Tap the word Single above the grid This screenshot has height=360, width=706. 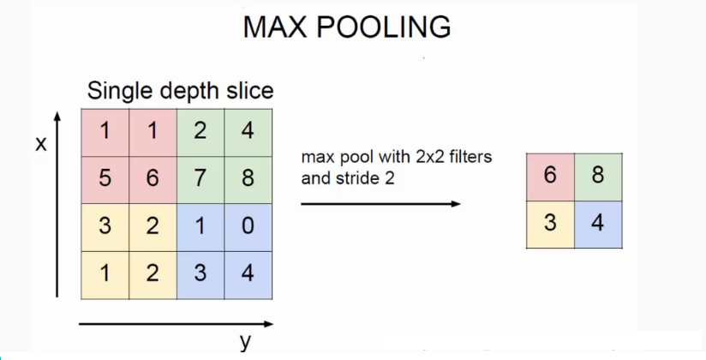click(124, 90)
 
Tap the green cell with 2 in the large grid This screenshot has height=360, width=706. click(201, 132)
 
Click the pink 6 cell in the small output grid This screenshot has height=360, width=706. click(550, 177)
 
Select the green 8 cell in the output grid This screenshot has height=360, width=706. click(598, 177)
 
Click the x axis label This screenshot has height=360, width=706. click(40, 144)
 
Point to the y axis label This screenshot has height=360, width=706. click(245, 342)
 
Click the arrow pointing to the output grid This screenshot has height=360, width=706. click(380, 204)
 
